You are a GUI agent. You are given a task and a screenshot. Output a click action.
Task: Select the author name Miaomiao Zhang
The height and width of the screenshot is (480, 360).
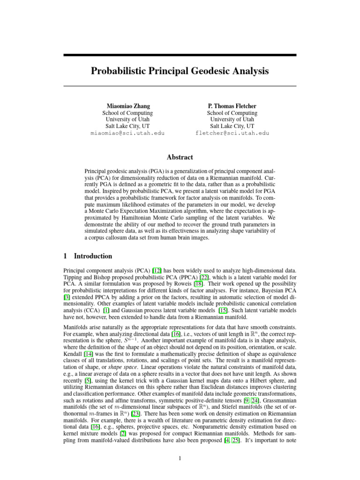tap(127, 106)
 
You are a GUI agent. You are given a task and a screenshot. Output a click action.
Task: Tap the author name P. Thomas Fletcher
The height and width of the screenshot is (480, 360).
tap(232, 106)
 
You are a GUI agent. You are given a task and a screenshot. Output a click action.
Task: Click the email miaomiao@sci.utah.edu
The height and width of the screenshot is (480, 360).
tap(127, 133)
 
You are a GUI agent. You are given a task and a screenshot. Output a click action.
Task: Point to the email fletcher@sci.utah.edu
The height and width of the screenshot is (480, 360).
tap(232, 133)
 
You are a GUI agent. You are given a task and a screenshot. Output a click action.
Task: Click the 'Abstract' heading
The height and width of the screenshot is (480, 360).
tap(180, 157)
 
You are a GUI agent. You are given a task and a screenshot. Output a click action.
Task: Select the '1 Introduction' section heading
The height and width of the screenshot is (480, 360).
tap(88, 256)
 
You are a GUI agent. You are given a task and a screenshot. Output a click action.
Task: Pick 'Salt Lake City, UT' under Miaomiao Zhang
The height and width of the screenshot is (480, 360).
tap(127, 126)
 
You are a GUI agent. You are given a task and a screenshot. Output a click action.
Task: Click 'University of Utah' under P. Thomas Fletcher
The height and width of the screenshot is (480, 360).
tap(232, 120)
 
